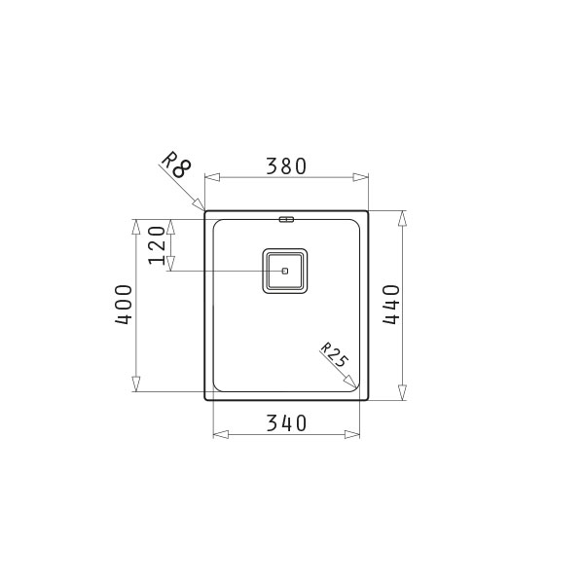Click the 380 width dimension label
click(286, 166)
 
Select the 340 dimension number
click(286, 423)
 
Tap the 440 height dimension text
click(391, 305)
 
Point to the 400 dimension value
click(124, 305)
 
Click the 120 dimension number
click(157, 245)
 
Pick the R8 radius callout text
click(176, 164)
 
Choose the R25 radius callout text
click(335, 354)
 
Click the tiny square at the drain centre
click(285, 271)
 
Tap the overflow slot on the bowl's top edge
click(286, 219)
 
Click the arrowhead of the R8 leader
click(199, 203)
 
